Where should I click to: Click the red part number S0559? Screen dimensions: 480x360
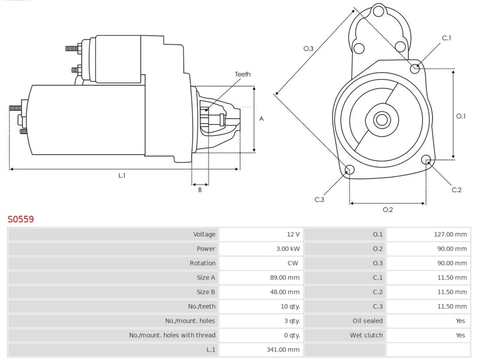[21, 219]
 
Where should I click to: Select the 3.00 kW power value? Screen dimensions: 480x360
[288, 249]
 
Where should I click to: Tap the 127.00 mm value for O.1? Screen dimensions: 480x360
[450, 234]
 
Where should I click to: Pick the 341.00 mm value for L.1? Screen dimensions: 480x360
[283, 350]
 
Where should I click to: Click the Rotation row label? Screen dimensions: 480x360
[202, 263]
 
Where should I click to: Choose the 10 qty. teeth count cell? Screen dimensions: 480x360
[290, 306]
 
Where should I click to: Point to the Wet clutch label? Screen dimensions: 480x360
[366, 335]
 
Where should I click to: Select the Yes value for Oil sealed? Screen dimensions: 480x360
[460, 321]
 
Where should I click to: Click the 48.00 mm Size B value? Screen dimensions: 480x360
[285, 292]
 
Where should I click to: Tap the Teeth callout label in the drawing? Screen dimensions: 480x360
[243, 74]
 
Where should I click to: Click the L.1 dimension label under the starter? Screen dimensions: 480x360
[122, 175]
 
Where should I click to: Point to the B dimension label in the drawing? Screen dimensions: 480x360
[200, 190]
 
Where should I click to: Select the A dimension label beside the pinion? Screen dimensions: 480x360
[261, 119]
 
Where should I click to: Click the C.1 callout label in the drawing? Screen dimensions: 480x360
[446, 38]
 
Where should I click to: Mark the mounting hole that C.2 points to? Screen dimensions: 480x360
[426, 160]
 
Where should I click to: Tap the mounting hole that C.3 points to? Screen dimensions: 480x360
[349, 169]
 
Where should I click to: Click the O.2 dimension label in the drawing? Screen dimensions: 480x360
[388, 210]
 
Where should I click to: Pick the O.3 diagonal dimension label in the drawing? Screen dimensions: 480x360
[308, 48]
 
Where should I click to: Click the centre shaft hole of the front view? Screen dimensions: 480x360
[382, 120]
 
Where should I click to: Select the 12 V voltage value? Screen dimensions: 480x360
[293, 234]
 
